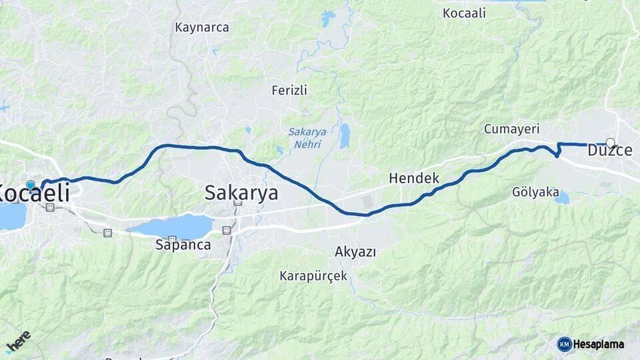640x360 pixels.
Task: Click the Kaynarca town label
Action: point(201,28)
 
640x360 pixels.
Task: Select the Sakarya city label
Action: point(241,193)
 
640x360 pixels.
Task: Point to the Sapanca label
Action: point(183,245)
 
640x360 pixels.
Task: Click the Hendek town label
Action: point(414,178)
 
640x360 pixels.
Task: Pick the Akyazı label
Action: point(355,252)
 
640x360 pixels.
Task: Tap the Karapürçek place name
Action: point(313,275)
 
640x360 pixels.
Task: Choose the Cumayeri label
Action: point(512,129)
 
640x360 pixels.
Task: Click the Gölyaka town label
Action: point(535,192)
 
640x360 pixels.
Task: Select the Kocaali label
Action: point(464,13)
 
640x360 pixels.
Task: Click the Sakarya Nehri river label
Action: point(307,137)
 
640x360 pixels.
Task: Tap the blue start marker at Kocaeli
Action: point(30,185)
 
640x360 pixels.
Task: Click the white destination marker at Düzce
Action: point(610,142)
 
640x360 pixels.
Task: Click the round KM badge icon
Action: point(564,344)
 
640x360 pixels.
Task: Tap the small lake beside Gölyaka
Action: point(562,197)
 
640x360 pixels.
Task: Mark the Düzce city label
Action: point(609,151)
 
